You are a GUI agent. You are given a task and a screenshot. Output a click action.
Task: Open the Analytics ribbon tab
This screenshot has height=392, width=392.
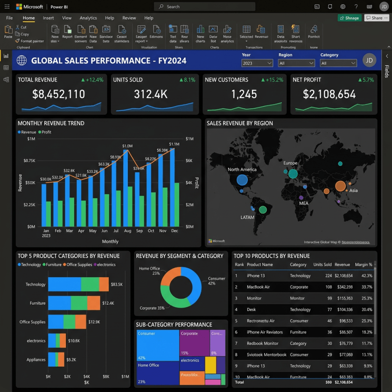(88, 18)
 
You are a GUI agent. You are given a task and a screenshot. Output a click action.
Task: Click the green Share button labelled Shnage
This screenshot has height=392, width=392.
(350, 18)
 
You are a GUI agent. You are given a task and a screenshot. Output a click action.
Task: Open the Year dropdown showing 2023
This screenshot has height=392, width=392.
(257, 63)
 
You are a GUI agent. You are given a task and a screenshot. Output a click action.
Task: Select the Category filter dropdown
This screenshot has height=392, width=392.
(338, 63)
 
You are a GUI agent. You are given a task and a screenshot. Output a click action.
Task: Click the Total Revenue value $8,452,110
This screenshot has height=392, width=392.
(58, 94)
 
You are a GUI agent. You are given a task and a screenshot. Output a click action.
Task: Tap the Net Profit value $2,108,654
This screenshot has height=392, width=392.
(329, 94)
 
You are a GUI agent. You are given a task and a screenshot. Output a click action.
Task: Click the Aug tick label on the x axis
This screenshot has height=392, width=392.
(127, 231)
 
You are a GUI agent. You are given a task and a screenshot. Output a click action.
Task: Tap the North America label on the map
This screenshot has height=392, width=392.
(242, 169)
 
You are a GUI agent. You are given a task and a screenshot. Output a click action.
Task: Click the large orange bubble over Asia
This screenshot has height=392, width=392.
(340, 186)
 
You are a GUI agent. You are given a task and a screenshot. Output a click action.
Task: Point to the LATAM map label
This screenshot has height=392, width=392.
(247, 217)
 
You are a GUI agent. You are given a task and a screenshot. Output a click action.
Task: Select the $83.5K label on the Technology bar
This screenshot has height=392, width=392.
(116, 284)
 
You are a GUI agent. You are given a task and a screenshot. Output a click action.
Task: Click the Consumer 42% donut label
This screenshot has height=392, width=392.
(216, 281)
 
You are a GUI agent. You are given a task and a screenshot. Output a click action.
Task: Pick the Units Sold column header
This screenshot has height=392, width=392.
(322, 265)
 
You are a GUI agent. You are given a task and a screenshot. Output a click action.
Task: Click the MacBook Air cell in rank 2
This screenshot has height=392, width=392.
(258, 287)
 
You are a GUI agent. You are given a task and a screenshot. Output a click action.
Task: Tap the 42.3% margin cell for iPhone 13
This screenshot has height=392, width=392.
(366, 276)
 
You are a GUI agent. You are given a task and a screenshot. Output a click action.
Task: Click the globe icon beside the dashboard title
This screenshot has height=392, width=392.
(21, 61)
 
